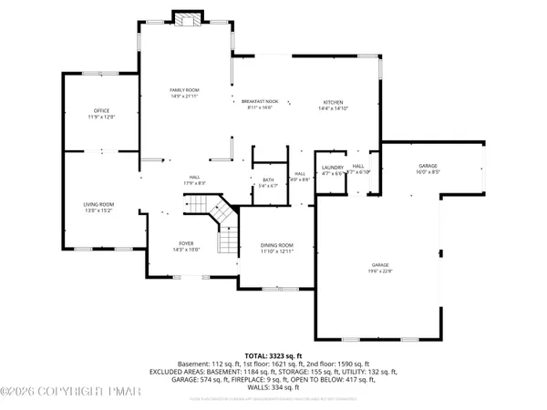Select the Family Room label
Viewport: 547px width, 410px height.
(x=184, y=90)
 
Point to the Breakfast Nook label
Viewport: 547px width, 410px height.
(x=259, y=102)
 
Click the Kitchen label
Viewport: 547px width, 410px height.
(x=331, y=102)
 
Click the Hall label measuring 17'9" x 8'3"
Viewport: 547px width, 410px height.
(x=194, y=177)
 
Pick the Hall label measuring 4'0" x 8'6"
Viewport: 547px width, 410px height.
(x=300, y=173)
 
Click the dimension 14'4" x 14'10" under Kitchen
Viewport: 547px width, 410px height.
(x=331, y=108)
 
